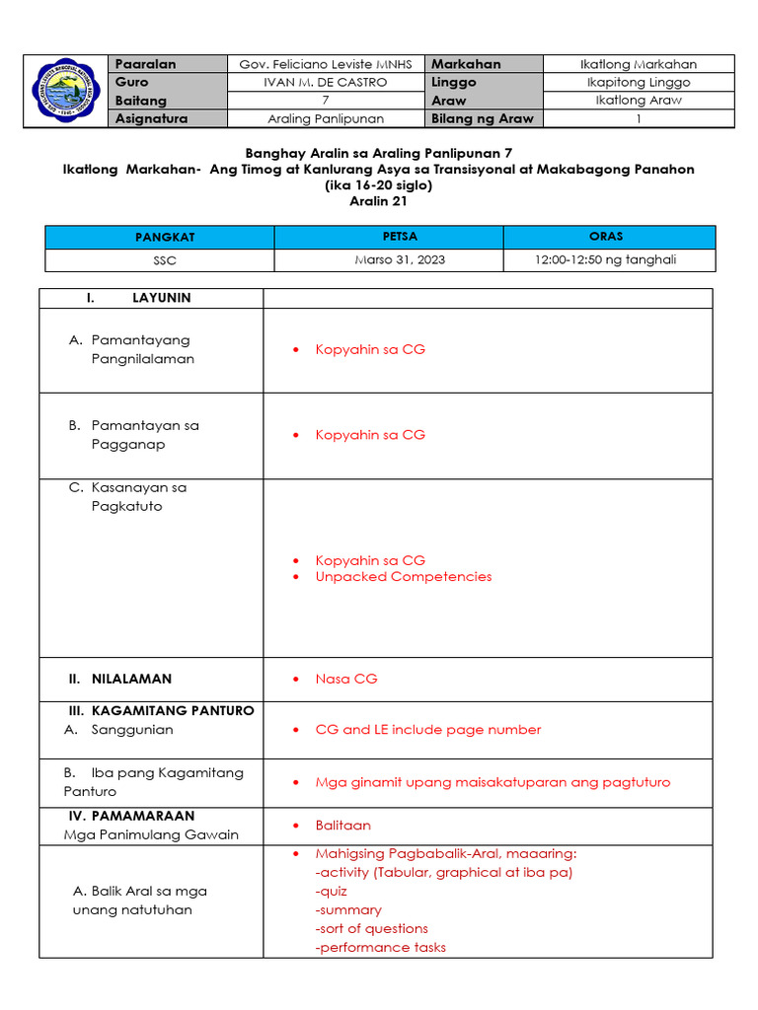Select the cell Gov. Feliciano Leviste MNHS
326,64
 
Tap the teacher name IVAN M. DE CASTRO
326,83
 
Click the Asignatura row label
151,118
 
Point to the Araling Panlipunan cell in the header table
326,118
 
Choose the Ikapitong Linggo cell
639,83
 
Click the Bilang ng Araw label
483,118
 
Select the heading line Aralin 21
378,201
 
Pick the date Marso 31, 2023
389,260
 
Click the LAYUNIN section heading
161,298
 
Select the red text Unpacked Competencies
403,577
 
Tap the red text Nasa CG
345,679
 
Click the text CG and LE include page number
427,730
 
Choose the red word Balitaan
342,825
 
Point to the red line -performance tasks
380,947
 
